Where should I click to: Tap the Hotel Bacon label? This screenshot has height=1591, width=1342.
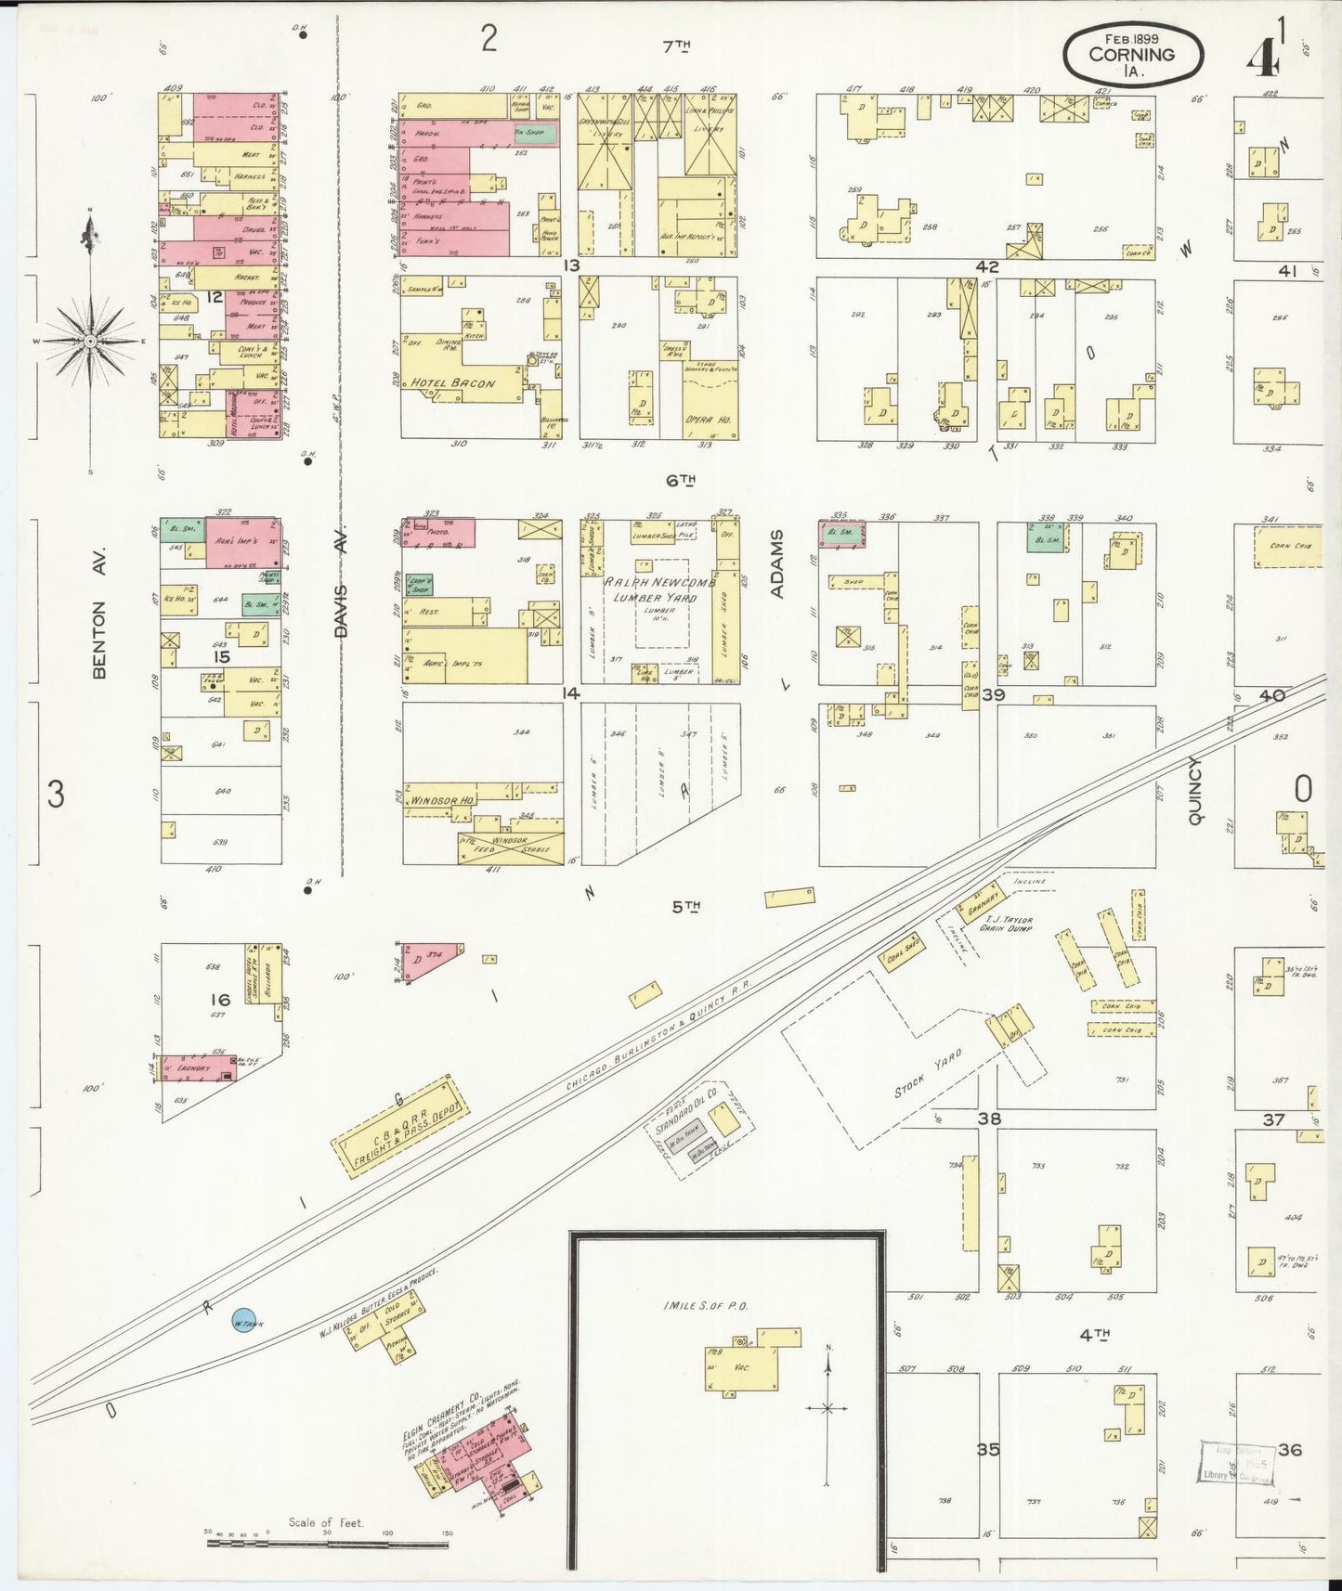tap(453, 383)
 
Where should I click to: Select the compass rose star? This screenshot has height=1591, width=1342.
tap(90, 342)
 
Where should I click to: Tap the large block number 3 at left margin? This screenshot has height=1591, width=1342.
tap(56, 795)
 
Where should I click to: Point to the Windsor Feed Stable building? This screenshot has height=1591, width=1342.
tap(509, 845)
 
